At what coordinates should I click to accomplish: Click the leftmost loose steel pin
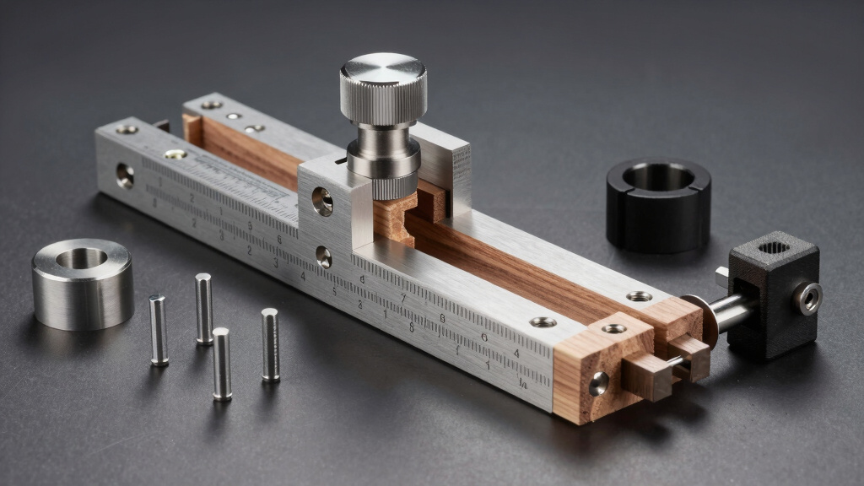[158, 329]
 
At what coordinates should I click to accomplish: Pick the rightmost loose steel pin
[270, 344]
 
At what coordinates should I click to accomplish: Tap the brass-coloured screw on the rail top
[175, 154]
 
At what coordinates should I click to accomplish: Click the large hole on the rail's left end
[125, 175]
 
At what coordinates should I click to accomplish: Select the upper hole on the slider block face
[321, 201]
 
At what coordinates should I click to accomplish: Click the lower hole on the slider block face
[323, 256]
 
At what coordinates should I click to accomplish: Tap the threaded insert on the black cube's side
[809, 299]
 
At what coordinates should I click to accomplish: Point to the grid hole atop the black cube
[774, 248]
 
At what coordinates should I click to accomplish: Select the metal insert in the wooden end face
[597, 383]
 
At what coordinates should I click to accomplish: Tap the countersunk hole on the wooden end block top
[613, 328]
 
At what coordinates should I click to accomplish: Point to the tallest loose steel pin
[203, 308]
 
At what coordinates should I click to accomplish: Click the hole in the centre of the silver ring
[81, 258]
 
